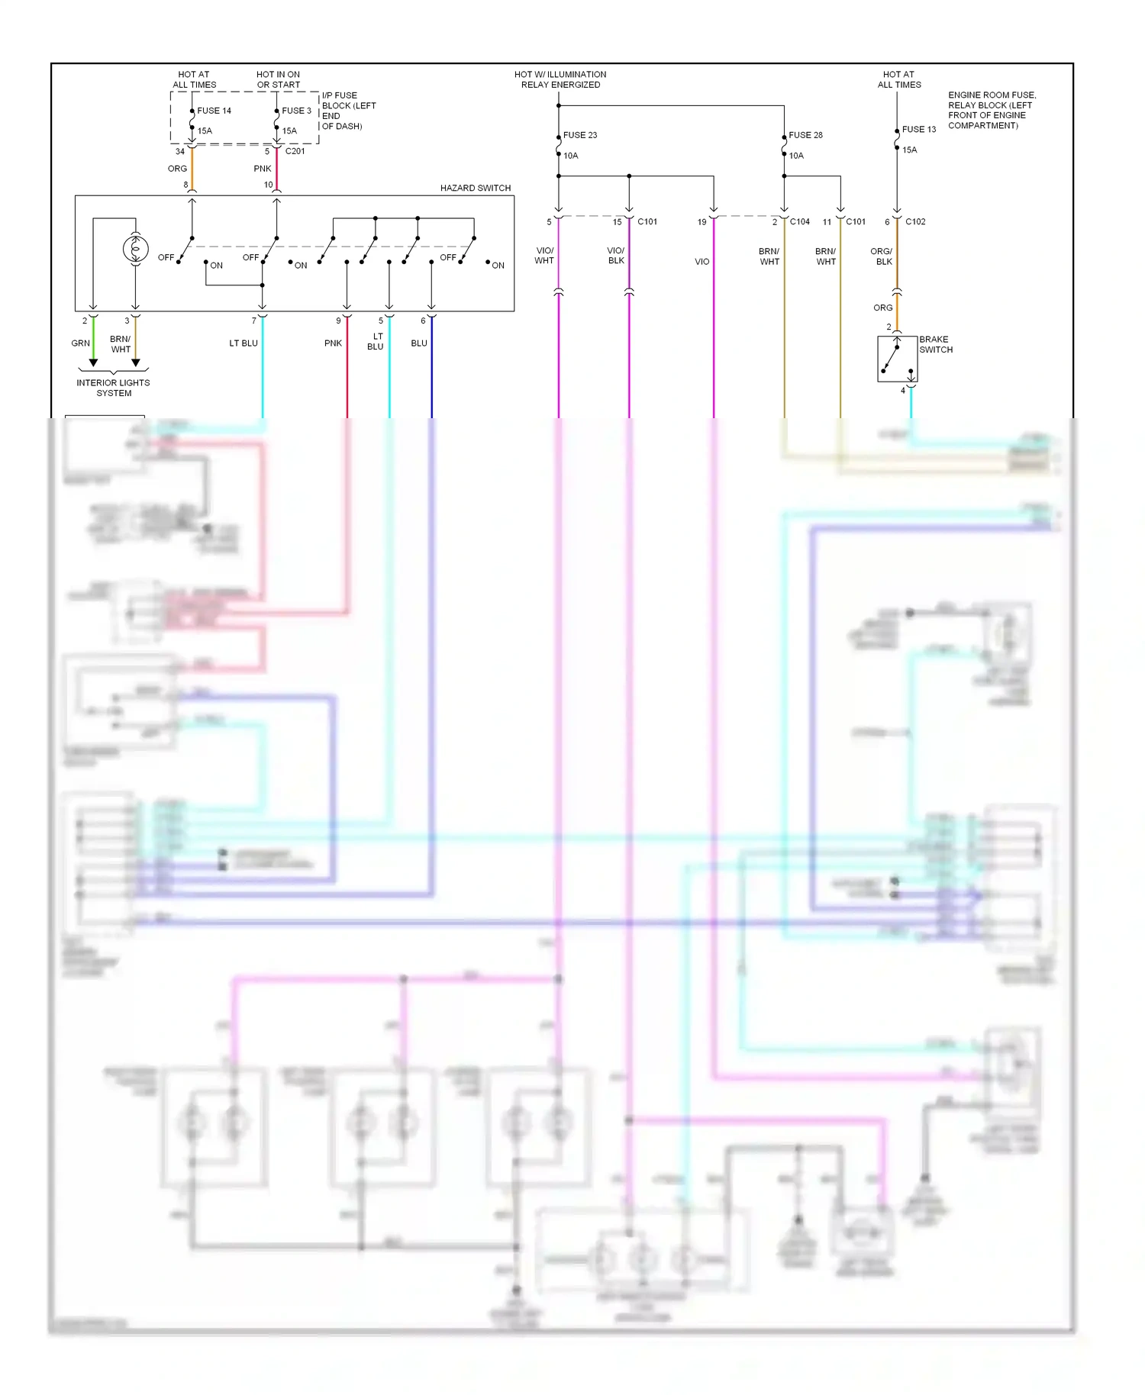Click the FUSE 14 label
(x=214, y=111)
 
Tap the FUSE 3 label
(x=296, y=111)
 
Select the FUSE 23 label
(x=580, y=135)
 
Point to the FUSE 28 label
(x=805, y=135)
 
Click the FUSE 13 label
(x=919, y=130)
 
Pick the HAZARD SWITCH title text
(x=475, y=188)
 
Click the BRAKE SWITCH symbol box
(x=897, y=359)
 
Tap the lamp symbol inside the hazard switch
(x=135, y=249)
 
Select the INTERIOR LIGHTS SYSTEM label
(x=113, y=388)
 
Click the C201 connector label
(x=295, y=151)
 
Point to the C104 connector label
(x=799, y=222)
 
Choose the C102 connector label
(x=915, y=222)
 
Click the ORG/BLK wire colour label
(x=882, y=256)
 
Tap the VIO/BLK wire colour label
(x=616, y=256)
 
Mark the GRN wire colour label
(x=80, y=343)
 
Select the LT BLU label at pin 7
(x=244, y=343)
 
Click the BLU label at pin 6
(x=419, y=343)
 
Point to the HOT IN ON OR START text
(x=279, y=79)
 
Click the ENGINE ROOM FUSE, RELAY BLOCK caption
(x=992, y=110)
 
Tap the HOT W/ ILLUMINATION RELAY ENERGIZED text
(x=560, y=79)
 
